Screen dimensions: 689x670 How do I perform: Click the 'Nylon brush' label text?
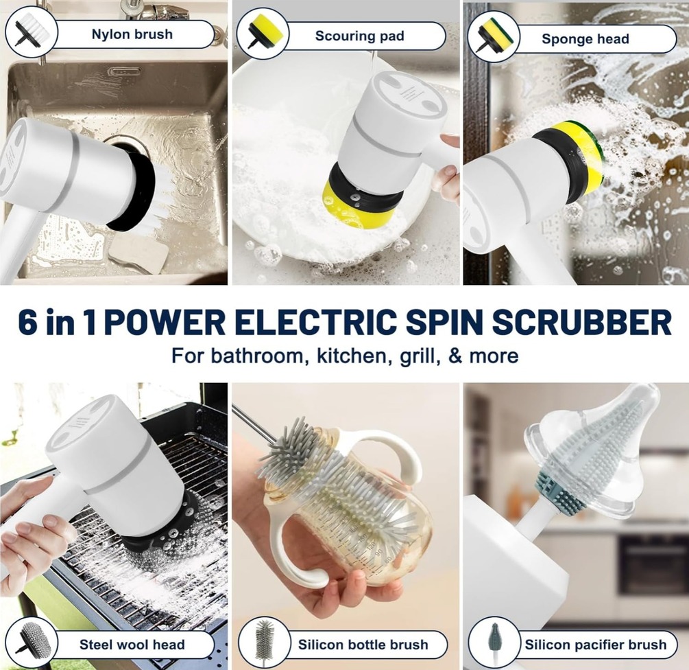click(132, 34)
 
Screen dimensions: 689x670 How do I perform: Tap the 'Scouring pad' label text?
click(359, 36)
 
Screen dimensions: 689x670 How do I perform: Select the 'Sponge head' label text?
click(585, 39)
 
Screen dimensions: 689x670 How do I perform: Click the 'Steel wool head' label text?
click(132, 645)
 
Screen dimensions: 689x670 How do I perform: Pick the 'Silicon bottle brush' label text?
click(363, 645)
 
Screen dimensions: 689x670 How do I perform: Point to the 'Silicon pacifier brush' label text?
click(596, 645)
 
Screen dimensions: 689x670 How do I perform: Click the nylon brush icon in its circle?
click(31, 32)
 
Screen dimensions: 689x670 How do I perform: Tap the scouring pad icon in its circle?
click(263, 34)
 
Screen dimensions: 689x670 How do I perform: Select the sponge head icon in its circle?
click(494, 36)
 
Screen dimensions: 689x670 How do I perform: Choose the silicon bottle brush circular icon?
click(264, 643)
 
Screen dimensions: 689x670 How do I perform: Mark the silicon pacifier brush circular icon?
click(494, 643)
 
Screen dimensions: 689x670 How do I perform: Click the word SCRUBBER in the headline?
click(582, 322)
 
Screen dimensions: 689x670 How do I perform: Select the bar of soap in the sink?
click(138, 253)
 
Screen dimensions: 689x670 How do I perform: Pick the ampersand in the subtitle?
click(456, 355)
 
